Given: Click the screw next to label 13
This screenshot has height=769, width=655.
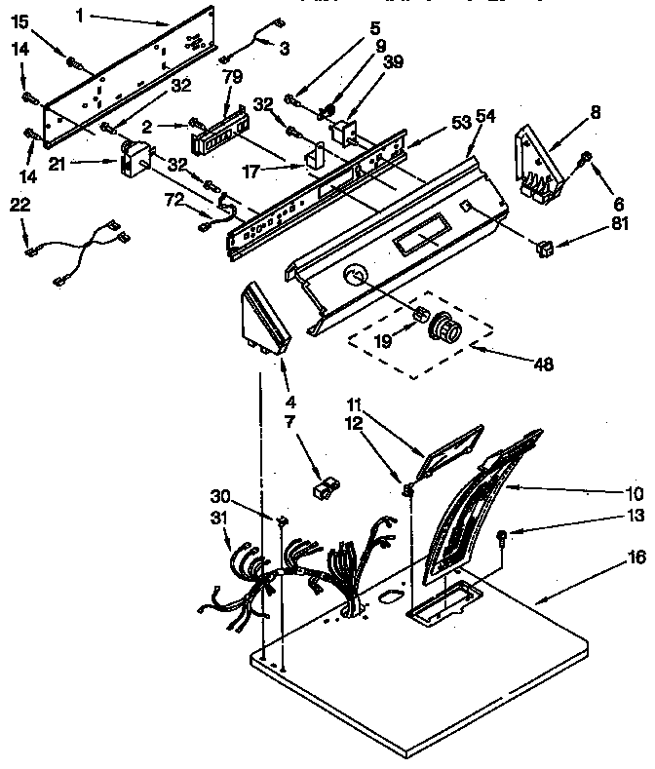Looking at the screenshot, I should click(x=500, y=534).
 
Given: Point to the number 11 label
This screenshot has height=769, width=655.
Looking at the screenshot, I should click(x=357, y=402).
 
